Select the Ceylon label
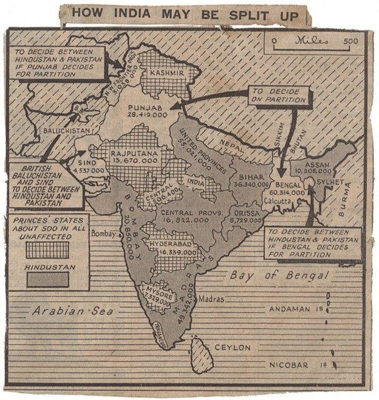coord(233,347)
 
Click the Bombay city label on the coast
coord(106,234)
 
